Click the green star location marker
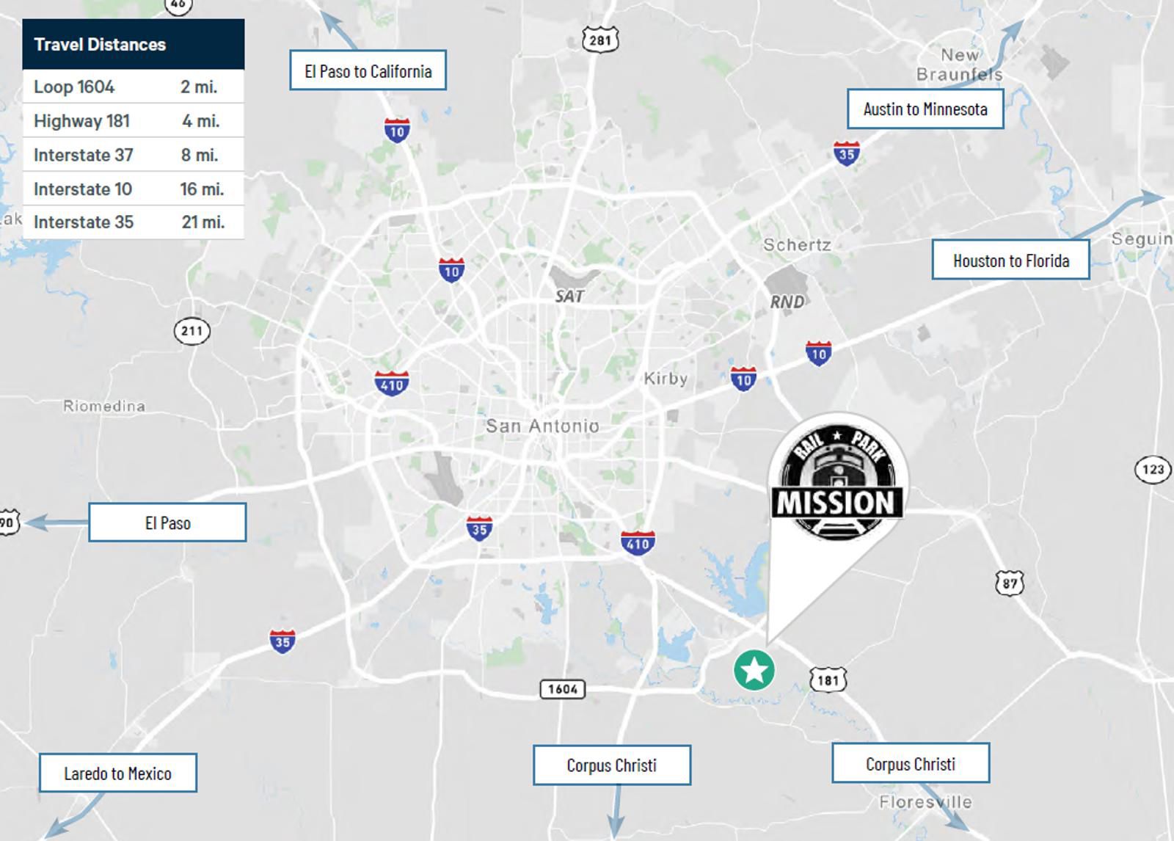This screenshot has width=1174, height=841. click(754, 670)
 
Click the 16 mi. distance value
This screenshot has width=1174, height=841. click(202, 189)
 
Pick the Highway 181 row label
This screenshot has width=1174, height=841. click(81, 121)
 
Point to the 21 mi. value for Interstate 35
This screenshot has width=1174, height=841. click(203, 222)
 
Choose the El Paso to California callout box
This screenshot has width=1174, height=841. click(368, 71)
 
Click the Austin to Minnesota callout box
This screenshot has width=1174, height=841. click(925, 109)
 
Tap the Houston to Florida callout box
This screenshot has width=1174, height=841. click(1010, 261)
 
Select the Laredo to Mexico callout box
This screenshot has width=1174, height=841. click(117, 773)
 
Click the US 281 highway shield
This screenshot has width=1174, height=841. click(600, 40)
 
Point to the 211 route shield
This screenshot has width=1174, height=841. click(192, 331)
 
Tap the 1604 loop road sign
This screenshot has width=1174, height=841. click(563, 689)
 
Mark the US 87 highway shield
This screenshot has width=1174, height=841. click(1010, 583)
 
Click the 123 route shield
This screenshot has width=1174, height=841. click(1153, 470)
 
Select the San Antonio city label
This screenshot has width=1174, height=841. click(542, 426)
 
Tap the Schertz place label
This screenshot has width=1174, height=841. click(797, 245)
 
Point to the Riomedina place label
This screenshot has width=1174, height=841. click(104, 406)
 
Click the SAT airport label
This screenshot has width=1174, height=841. click(569, 296)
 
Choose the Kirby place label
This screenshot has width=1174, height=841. click(666, 379)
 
